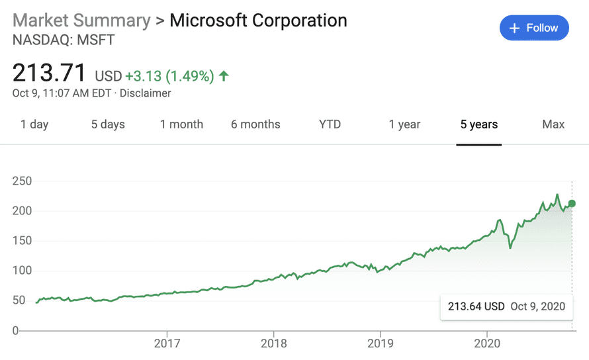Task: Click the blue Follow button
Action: (534, 28)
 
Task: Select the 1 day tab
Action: (34, 124)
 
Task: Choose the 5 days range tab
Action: (108, 124)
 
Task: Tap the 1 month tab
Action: (181, 124)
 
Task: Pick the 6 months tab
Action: (255, 124)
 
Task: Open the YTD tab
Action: (330, 124)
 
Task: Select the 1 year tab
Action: (405, 124)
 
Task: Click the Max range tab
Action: (553, 124)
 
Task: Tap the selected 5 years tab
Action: (479, 124)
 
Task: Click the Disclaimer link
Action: (146, 93)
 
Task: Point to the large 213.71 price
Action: (50, 72)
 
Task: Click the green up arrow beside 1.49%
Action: (224, 76)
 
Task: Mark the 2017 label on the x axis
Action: (167, 344)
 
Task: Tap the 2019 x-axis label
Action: (380, 344)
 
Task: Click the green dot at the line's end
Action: (572, 203)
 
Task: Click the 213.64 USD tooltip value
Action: (476, 306)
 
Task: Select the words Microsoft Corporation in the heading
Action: (258, 20)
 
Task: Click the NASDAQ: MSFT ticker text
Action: (64, 40)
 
